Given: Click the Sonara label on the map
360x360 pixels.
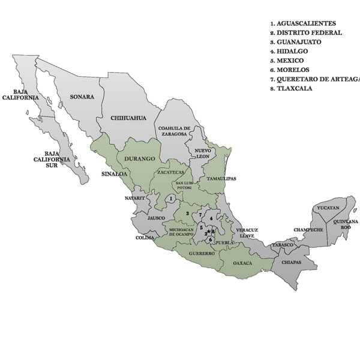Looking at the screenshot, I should [x=82, y=96].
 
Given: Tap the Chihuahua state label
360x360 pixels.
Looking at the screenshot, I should [x=129, y=118].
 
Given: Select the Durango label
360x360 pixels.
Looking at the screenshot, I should [x=140, y=158].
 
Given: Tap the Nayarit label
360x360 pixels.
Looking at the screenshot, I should [x=135, y=197].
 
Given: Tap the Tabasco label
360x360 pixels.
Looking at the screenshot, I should [x=285, y=245].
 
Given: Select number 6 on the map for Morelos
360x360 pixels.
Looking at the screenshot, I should [x=210, y=239].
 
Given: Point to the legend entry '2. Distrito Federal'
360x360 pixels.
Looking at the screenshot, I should [x=306, y=33].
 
